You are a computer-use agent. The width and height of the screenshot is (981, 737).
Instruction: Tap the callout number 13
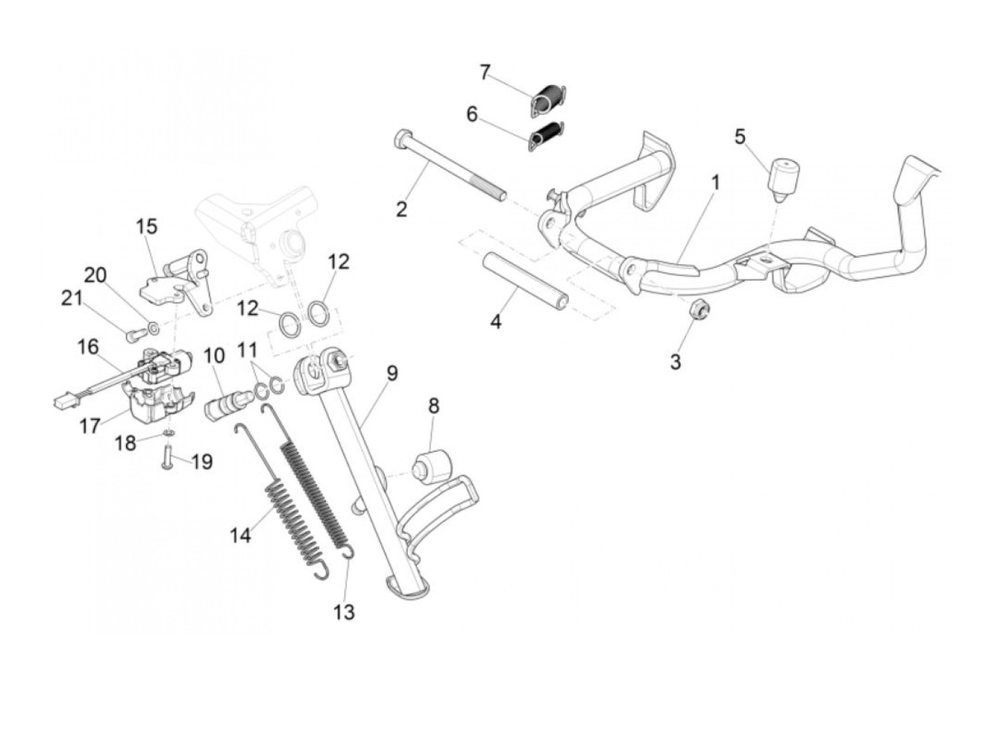pos(344,612)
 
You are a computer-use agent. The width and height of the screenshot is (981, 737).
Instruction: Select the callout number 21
pos(71,299)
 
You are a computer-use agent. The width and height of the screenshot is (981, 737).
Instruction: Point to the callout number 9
pos(391,373)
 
